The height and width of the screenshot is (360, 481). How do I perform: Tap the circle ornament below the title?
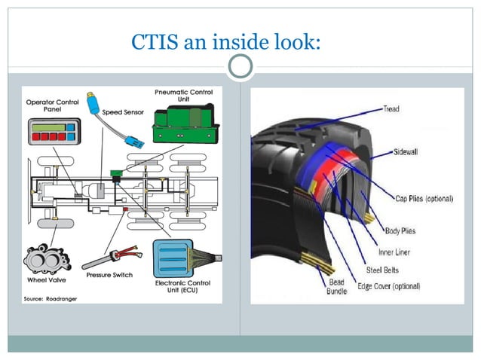pos(240,68)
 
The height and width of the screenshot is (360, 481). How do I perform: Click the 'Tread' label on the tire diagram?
pos(391,109)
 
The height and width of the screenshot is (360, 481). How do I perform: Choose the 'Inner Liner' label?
pos(392,252)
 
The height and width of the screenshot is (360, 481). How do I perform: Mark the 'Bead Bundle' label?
pos(336,287)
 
